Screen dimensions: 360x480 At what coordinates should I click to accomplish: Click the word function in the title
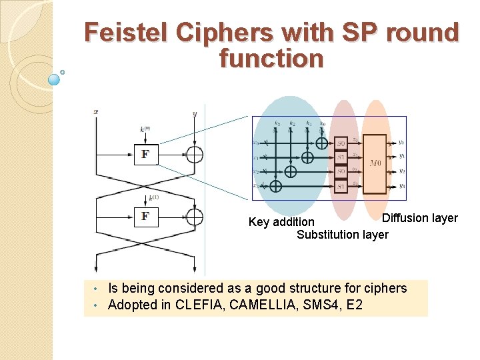[x=271, y=59]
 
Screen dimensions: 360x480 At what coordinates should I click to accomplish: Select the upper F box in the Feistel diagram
[x=145, y=154]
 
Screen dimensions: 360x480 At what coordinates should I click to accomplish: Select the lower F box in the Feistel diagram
[x=145, y=217]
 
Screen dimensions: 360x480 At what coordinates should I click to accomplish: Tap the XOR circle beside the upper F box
[x=194, y=154]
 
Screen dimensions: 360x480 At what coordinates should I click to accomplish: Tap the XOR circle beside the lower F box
[x=194, y=217]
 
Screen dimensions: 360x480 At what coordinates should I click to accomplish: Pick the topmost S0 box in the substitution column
[x=341, y=143]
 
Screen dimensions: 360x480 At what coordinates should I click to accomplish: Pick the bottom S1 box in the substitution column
[x=341, y=187]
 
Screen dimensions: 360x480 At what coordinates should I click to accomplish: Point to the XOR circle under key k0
[x=322, y=143]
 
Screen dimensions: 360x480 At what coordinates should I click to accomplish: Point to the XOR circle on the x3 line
[x=275, y=186]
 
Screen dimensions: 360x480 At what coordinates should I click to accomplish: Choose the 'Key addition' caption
[x=281, y=222]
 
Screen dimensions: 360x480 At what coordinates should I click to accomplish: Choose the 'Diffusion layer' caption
[x=419, y=218]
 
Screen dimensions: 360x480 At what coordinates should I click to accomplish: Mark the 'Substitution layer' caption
[x=342, y=235]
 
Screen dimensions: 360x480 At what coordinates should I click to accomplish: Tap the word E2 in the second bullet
[x=355, y=305]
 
